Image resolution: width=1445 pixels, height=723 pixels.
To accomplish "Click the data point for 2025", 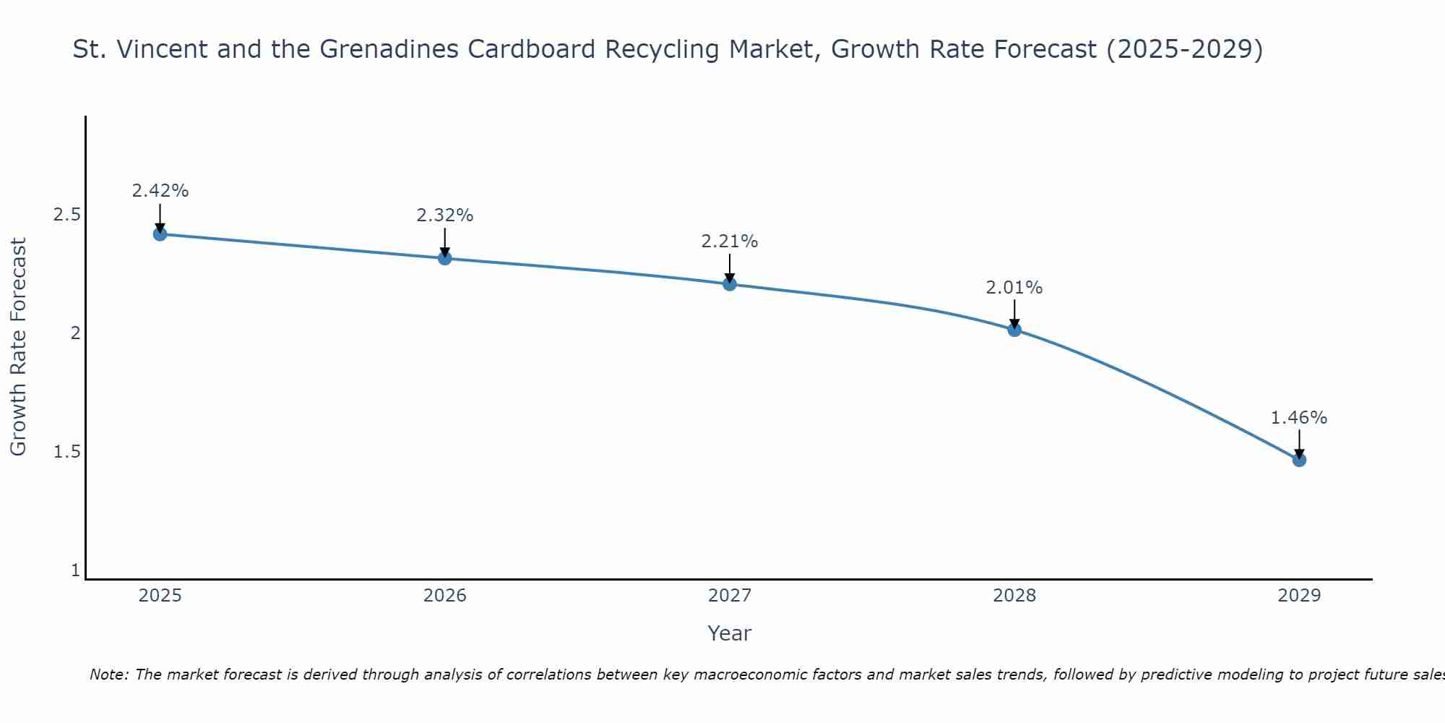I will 160,234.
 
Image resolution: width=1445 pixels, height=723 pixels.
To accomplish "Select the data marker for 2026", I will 445,258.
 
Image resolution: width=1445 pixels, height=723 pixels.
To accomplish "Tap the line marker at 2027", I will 730,284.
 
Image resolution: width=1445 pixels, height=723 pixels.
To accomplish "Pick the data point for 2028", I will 1014,330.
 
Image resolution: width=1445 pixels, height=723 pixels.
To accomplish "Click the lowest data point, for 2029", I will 1299,460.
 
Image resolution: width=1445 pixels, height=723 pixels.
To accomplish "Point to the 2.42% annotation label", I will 160,191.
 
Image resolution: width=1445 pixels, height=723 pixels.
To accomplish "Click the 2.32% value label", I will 445,215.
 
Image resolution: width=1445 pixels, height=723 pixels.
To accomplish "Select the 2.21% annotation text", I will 730,241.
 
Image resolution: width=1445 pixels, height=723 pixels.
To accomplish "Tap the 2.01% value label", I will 1014,288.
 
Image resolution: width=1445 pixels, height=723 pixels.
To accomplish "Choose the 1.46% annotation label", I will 1299,418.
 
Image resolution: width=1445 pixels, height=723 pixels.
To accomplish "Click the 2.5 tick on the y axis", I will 66,215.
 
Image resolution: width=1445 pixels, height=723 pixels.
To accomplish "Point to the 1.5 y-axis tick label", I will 66,452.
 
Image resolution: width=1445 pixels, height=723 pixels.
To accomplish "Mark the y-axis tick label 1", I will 75,570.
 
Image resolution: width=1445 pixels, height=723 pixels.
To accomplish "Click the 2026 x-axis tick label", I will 445,596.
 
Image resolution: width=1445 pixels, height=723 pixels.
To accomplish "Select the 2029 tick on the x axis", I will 1299,596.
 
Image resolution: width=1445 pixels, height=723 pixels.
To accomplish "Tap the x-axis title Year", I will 730,633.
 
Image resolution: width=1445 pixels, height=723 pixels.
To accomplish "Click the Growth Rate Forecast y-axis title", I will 18,347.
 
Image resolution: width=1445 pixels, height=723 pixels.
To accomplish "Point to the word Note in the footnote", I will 108,675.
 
